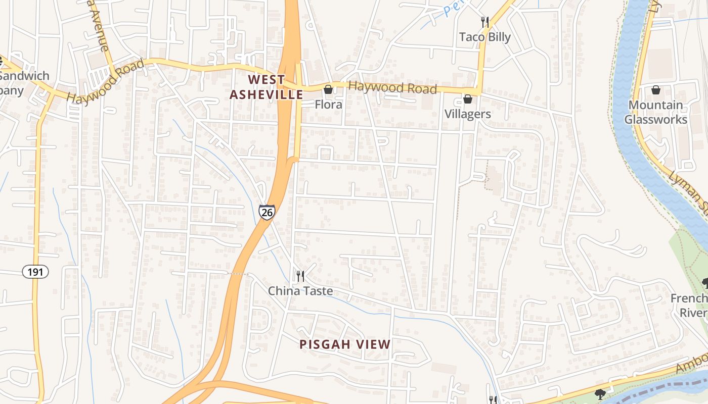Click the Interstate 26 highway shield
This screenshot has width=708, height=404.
pos(267,212)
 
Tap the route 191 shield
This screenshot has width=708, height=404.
pos(35,272)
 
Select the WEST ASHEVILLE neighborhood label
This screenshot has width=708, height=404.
pos(267,87)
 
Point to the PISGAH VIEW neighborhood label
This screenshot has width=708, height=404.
pos(345,344)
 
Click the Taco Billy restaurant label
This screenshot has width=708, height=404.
pos(485,37)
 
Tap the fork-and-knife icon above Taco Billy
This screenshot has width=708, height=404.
pos(485,22)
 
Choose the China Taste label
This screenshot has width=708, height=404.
pos(300,291)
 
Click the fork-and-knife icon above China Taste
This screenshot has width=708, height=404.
pos(300,276)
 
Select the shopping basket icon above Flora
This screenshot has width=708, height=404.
pos(328,89)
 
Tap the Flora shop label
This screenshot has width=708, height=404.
pos(329,105)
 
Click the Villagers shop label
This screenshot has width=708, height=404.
pos(468,114)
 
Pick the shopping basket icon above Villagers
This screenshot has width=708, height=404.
pos(468,99)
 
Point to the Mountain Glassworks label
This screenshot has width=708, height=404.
pos(655,112)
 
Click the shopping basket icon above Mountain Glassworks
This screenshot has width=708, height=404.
pos(656,90)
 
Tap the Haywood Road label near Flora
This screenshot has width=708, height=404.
pos(393,87)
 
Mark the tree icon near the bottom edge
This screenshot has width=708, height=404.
pos(600,393)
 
